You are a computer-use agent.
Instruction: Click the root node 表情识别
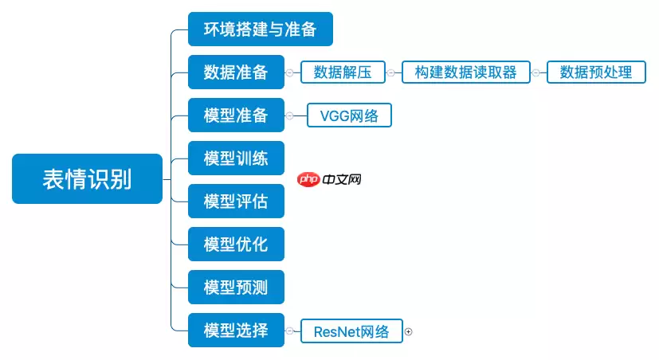[87, 179]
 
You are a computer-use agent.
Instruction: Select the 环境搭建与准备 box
[260, 29]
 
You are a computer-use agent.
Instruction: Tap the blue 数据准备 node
[236, 72]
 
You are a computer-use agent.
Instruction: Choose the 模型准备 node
[236, 115]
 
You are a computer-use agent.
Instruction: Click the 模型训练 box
[236, 158]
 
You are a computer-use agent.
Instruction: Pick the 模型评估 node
[236, 202]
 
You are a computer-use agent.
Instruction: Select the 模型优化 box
[236, 245]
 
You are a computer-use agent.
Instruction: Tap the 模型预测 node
[236, 288]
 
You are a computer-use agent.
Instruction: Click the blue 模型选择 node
[236, 331]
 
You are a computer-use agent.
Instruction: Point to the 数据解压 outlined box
[343, 72]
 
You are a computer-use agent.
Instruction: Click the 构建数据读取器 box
[465, 72]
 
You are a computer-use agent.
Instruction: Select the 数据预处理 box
[596, 72]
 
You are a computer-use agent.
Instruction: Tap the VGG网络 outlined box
[350, 115]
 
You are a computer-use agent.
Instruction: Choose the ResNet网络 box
[351, 331]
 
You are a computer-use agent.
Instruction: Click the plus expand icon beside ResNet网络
[409, 331]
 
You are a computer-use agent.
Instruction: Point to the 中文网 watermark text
[343, 180]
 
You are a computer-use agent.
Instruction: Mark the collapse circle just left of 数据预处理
[535, 72]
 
